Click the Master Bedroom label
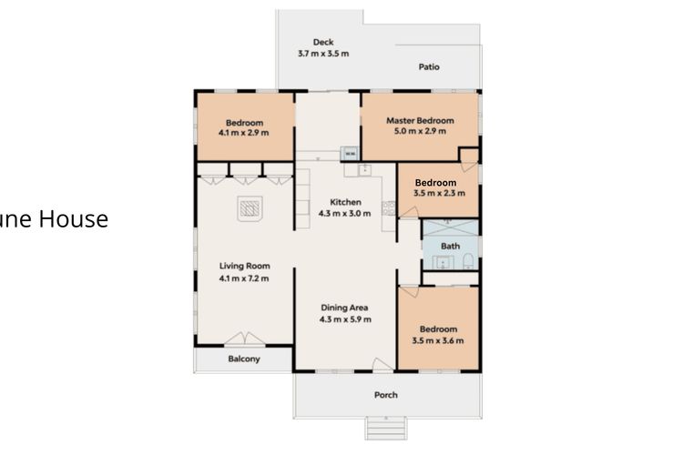[420, 120]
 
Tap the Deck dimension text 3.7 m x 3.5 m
[323, 54]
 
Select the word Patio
[429, 66]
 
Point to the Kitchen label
[346, 202]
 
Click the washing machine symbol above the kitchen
[348, 153]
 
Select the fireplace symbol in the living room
[250, 209]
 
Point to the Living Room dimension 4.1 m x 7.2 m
[244, 278]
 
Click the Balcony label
[243, 359]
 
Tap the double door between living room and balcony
[245, 339]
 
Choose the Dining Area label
[345, 308]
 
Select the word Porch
[386, 395]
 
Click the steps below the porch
[386, 429]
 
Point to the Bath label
[450, 246]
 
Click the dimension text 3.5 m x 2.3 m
[439, 193]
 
